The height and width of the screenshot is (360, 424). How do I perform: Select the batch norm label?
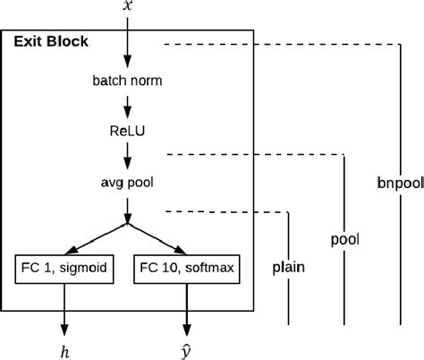point(127,81)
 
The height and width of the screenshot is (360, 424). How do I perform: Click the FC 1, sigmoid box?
point(64,268)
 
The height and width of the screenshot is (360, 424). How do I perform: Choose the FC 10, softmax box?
point(187,268)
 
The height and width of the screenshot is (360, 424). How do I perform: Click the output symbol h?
point(64,351)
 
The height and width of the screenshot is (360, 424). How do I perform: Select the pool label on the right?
point(344,240)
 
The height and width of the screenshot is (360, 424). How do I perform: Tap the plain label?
point(287,267)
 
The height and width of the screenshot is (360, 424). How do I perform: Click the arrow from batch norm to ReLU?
point(127,105)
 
